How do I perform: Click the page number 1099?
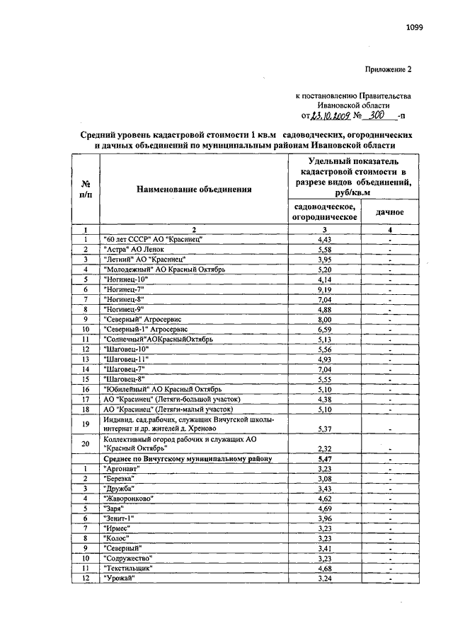pyautogui.click(x=414, y=28)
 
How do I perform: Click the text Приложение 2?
pyautogui.click(x=388, y=69)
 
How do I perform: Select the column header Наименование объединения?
pyautogui.click(x=194, y=190)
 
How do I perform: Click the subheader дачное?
pyautogui.click(x=389, y=211)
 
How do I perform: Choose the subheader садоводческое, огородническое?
pyautogui.click(x=325, y=211)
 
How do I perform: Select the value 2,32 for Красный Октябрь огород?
pyautogui.click(x=324, y=448)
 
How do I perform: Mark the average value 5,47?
pyautogui.click(x=324, y=459)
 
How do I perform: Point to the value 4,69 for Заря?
pyautogui.click(x=324, y=508)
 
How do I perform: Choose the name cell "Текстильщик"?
pyautogui.click(x=128, y=567)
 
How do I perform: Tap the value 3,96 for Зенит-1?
pyautogui.click(x=324, y=518)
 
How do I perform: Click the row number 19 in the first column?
pyautogui.click(x=86, y=424)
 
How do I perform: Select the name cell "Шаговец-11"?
pyautogui.click(x=127, y=359)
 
